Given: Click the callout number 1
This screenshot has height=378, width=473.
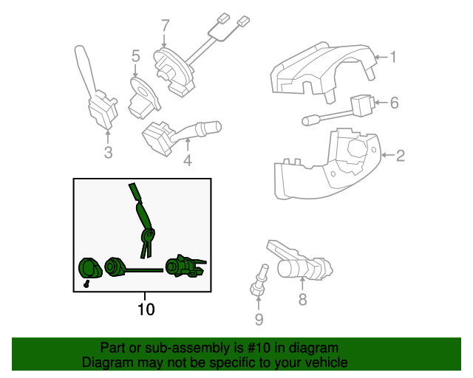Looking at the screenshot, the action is coord(392,57).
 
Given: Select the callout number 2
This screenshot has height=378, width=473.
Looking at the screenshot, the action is coord(400,156).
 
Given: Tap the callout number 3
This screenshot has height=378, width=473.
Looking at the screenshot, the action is coord(109,152).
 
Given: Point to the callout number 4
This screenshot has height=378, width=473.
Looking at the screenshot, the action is coord(188,160).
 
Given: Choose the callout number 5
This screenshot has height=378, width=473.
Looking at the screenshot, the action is coord(136,56).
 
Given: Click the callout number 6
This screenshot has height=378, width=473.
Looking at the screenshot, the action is coord(394,103).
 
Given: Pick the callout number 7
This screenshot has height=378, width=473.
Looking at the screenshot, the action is coord(166,25).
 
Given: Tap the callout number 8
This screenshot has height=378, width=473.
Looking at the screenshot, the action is coord(302,299).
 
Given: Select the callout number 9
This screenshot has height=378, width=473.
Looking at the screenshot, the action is coord(259,320).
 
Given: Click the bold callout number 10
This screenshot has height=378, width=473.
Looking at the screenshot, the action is coord(146,309).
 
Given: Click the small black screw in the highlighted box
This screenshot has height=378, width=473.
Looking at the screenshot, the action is coord(86,283).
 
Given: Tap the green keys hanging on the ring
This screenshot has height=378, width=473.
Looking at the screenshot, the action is coord(146,244).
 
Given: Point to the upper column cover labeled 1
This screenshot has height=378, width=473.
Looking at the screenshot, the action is coord(323,72).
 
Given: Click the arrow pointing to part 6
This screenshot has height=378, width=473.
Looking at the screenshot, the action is coord(381,103).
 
